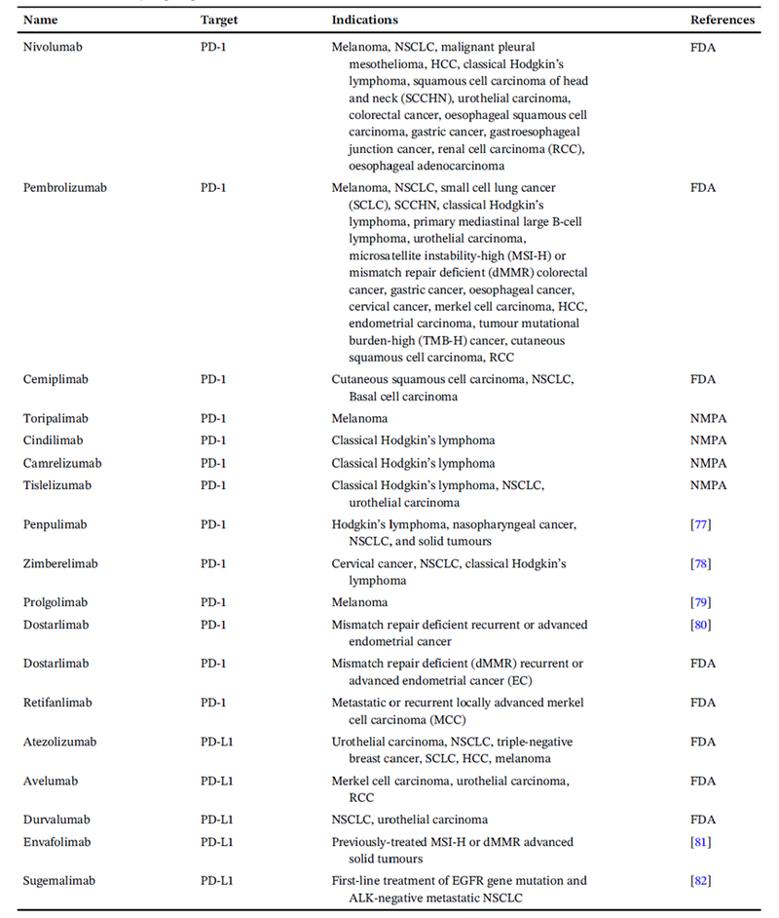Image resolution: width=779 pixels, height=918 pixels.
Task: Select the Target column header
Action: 219,19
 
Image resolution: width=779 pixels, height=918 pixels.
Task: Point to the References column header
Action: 723,19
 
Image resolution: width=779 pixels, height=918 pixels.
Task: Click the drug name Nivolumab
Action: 56,47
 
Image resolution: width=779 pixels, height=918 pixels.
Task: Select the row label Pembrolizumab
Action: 65,187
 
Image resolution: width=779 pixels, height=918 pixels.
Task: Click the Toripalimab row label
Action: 58,418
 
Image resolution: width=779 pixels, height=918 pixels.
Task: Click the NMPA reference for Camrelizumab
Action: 708,463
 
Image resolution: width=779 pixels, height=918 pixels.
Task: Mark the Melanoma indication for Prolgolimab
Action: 359,602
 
